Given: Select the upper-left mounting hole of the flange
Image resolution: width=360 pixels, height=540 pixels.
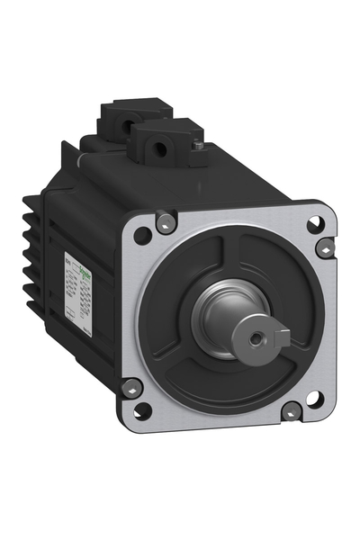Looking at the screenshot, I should click(x=141, y=236).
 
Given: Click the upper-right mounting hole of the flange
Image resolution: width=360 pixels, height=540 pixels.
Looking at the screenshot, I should click(x=314, y=225).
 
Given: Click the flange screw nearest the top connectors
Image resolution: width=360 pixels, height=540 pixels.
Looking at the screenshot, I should click(x=166, y=221).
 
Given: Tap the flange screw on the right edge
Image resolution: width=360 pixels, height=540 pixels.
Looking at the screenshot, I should click(x=325, y=247).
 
